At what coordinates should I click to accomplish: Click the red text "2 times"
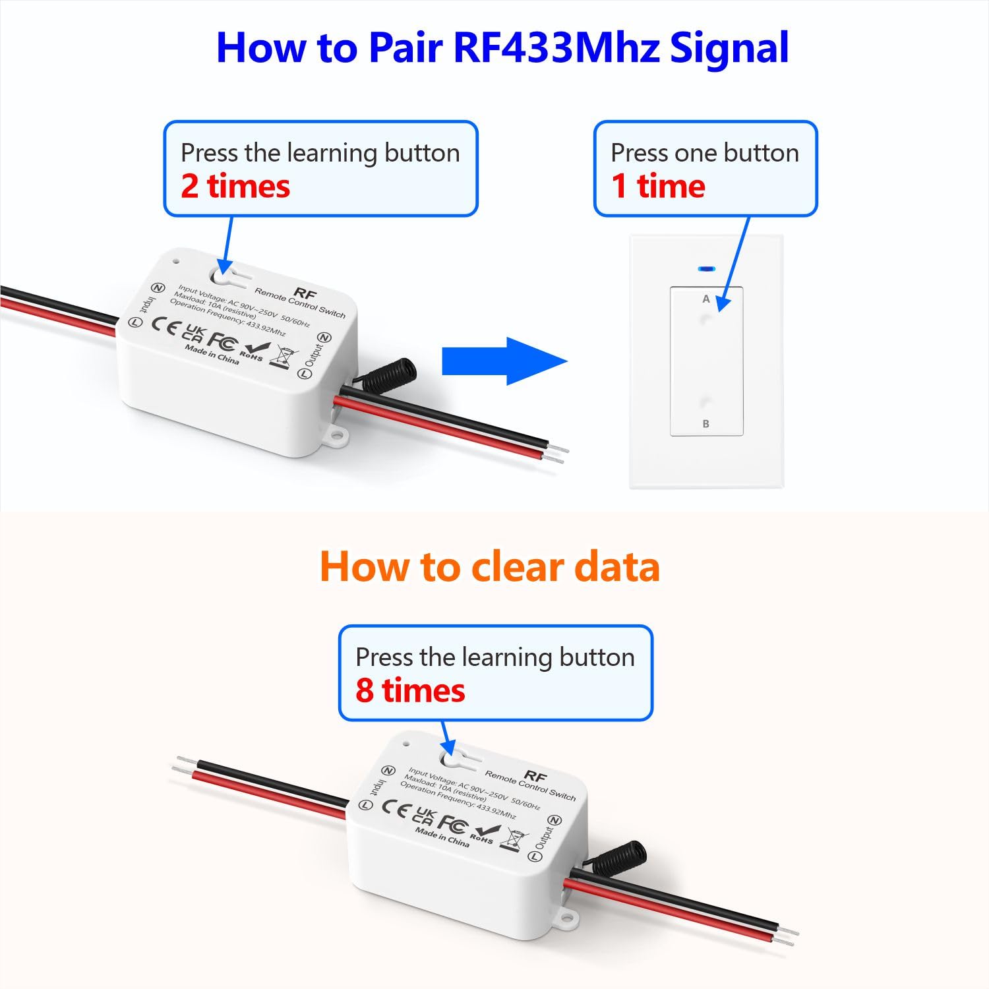coord(235,186)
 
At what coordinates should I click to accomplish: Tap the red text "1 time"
coord(658,186)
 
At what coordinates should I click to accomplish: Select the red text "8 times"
coord(410,690)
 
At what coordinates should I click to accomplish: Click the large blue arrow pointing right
coord(504,361)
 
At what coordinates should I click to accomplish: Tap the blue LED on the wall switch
coord(706,269)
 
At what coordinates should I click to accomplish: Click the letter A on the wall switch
coord(705,299)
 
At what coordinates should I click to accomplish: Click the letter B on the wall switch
coord(705,424)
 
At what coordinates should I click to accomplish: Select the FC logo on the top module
coord(222,341)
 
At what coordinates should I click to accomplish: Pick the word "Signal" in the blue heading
coord(729,47)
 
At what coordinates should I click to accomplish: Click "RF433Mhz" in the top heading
coord(556,47)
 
